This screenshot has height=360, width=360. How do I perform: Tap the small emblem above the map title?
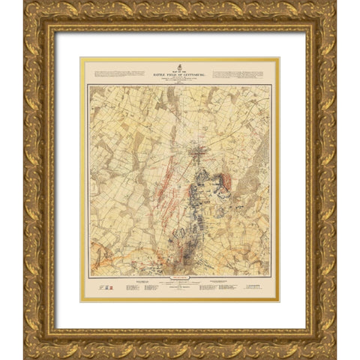pyautogui.click(x=180, y=63)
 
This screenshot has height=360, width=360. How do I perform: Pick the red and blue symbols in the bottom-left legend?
pyautogui.click(x=105, y=288)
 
